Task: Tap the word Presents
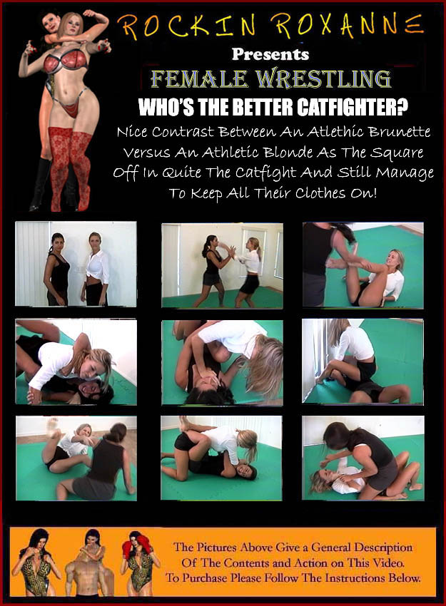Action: [x=270, y=54]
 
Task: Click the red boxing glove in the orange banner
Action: [x=127, y=549]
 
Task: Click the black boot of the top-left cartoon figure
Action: [x=40, y=185]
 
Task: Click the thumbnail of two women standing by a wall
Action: [x=76, y=264]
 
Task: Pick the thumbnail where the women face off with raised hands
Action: [x=222, y=265]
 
